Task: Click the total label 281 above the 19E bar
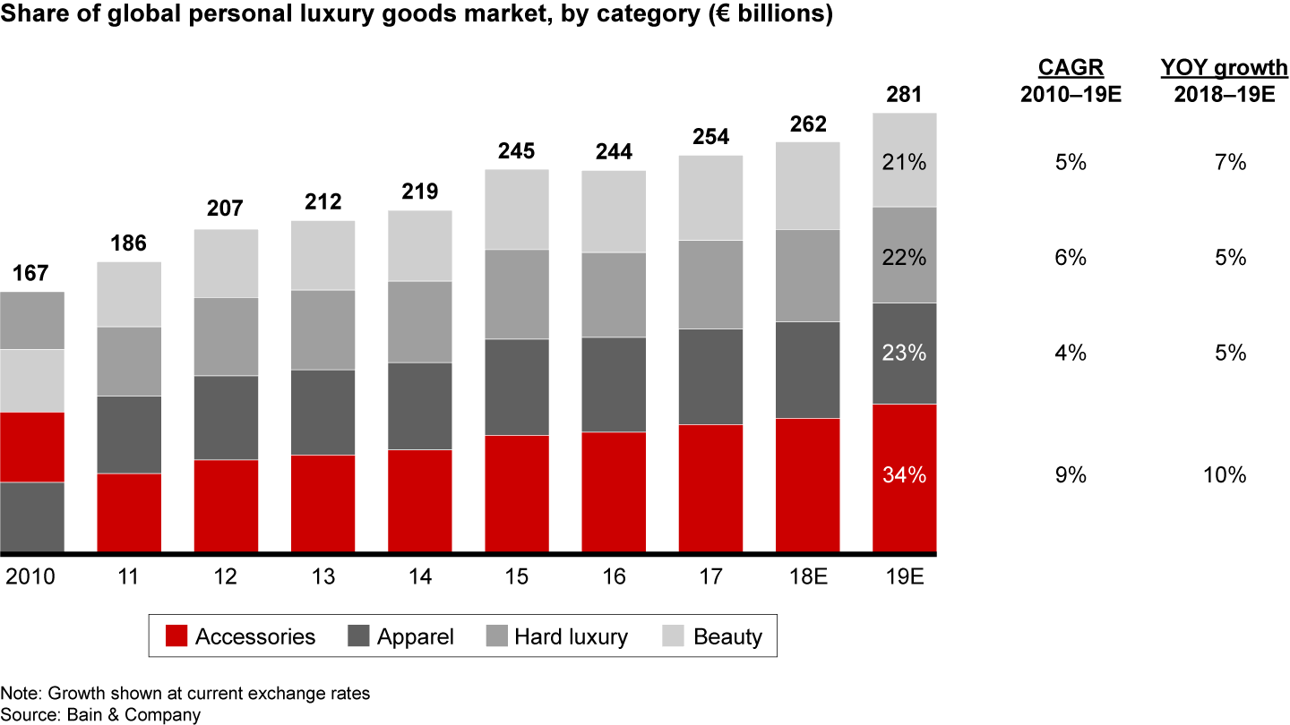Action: click(904, 94)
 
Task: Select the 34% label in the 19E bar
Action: click(904, 475)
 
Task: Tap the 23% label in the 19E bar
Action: click(904, 353)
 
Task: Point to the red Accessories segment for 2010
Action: click(32, 447)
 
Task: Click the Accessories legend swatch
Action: click(177, 636)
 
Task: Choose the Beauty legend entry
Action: click(714, 636)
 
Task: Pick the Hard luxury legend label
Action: click(571, 636)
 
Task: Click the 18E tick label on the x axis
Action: click(807, 577)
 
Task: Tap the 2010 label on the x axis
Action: click(30, 577)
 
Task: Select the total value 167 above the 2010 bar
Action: click(31, 272)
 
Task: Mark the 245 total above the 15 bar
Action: click(517, 150)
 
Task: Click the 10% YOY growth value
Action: click(1225, 475)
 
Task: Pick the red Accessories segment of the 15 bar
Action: click(517, 493)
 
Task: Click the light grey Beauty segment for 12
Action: click(226, 263)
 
